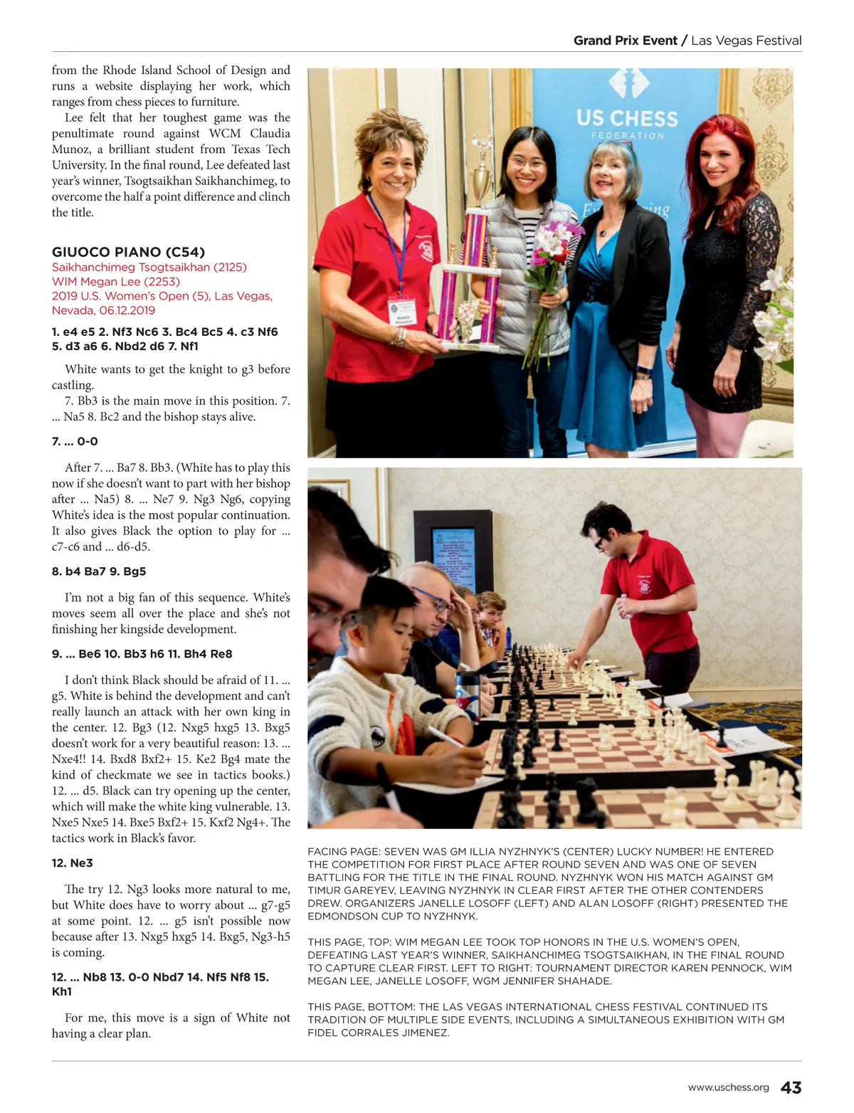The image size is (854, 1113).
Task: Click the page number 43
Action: [x=791, y=1087]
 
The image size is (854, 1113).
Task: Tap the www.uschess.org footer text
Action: [x=728, y=1087]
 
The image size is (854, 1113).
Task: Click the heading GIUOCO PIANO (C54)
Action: [x=128, y=252]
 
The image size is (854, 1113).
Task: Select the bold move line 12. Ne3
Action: [x=72, y=863]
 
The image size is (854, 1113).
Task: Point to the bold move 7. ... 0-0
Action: [x=75, y=441]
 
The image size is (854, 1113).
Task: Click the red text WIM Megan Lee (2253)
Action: [x=115, y=282]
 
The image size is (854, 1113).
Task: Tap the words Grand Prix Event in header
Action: [x=625, y=41]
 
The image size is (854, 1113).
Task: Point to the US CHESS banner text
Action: [x=626, y=118]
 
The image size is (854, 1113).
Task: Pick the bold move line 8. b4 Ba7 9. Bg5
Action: [x=99, y=571]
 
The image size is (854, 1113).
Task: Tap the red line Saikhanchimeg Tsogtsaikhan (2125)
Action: [x=149, y=268]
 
